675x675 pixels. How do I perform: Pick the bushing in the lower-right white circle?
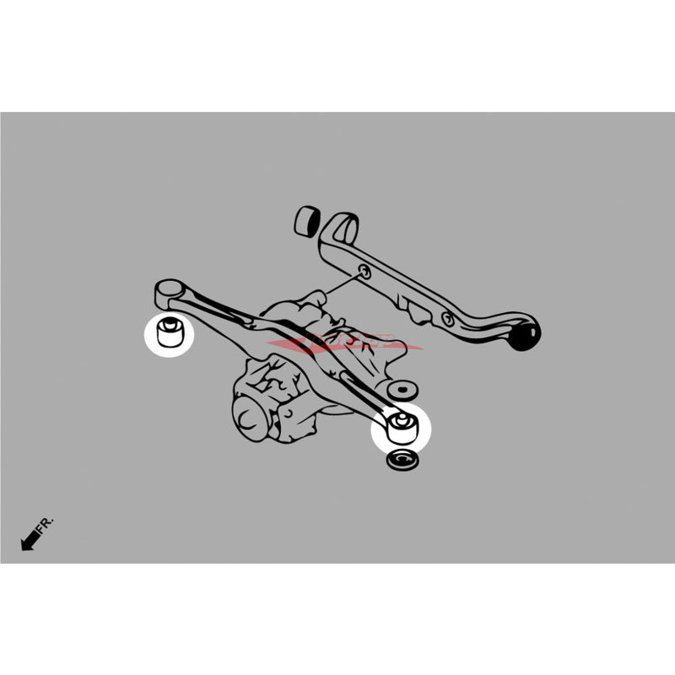point(402,426)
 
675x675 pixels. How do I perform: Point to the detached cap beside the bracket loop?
point(305,221)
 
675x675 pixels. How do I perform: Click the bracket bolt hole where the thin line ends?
point(363,272)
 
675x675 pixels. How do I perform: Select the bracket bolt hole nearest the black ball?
point(447,318)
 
